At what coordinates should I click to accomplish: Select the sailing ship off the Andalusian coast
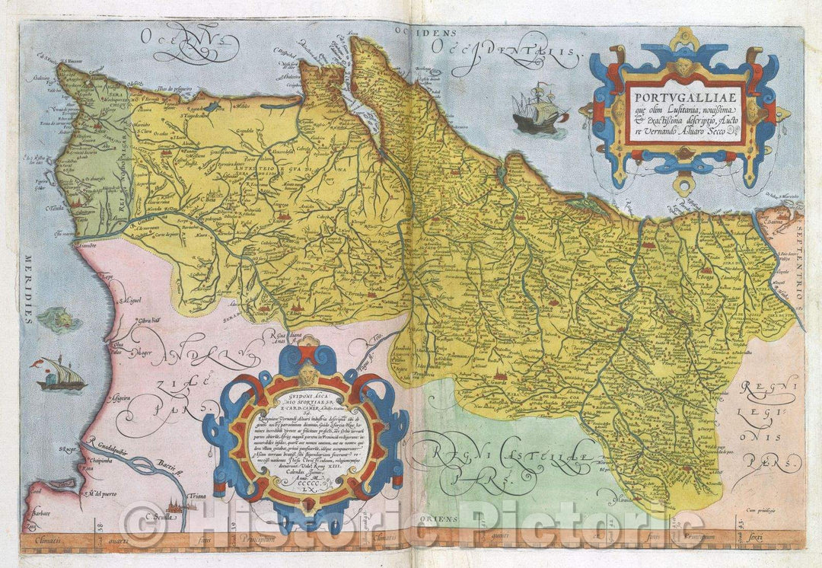61,375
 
